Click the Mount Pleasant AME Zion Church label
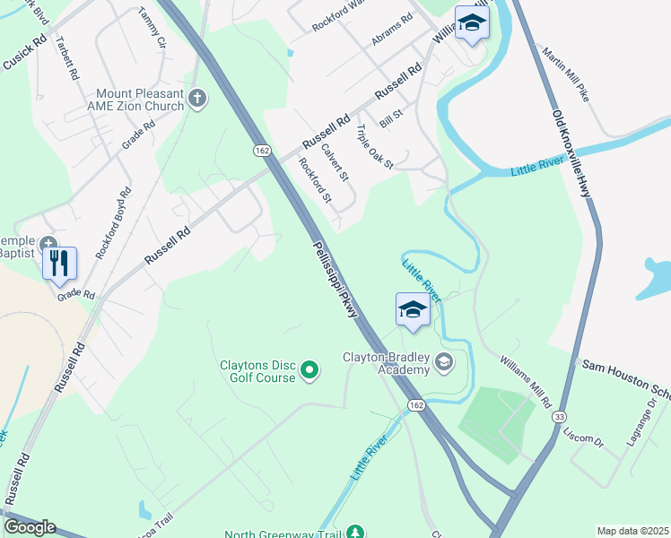pos(139,100)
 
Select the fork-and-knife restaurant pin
pos(59,263)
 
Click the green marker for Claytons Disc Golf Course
pos(309,369)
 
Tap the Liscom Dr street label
pos(585,438)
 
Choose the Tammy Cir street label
pos(152,29)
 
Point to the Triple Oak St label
pos(375,147)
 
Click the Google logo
pos(30,527)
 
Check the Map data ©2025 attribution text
pos(632,531)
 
